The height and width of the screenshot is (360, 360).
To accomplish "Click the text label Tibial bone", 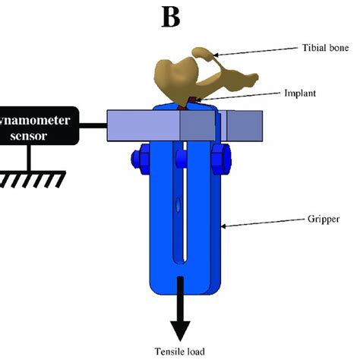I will (x=325, y=48).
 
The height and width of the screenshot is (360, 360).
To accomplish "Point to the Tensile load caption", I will (x=181, y=351).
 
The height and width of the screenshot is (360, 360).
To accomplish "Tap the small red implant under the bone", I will (x=195, y=100).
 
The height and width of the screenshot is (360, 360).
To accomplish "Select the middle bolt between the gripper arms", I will (x=181, y=158).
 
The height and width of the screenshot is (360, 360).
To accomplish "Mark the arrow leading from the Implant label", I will (x=235, y=96).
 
